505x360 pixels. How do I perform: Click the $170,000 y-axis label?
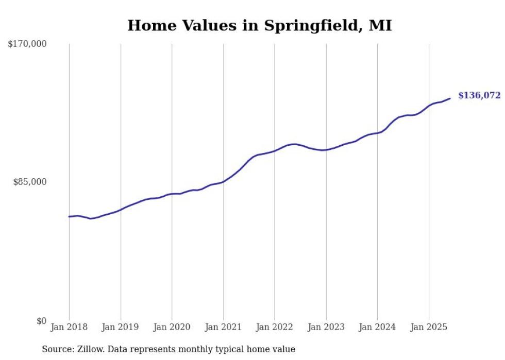tap(27, 44)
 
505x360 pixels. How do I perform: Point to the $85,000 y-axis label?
tap(29, 182)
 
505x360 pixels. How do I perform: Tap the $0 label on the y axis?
tap(41, 321)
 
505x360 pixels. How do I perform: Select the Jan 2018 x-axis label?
tap(69, 327)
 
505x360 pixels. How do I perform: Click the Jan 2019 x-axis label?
tap(121, 327)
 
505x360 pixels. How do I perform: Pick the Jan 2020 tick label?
tap(172, 327)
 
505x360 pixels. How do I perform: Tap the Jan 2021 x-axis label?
tap(223, 327)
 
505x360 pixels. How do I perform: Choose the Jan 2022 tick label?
tap(275, 327)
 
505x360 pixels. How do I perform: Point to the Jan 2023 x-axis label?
tap(326, 327)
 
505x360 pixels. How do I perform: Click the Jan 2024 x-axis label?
tap(377, 327)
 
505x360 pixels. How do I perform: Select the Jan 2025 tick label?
tap(429, 327)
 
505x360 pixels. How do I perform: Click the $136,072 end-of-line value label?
tap(479, 95)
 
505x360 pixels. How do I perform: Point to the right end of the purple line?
tap(450, 98)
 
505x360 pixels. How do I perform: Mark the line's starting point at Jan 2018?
tap(69, 216)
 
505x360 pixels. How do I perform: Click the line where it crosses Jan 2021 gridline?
tap(223, 181)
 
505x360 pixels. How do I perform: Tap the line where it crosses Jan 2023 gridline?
tap(326, 150)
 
